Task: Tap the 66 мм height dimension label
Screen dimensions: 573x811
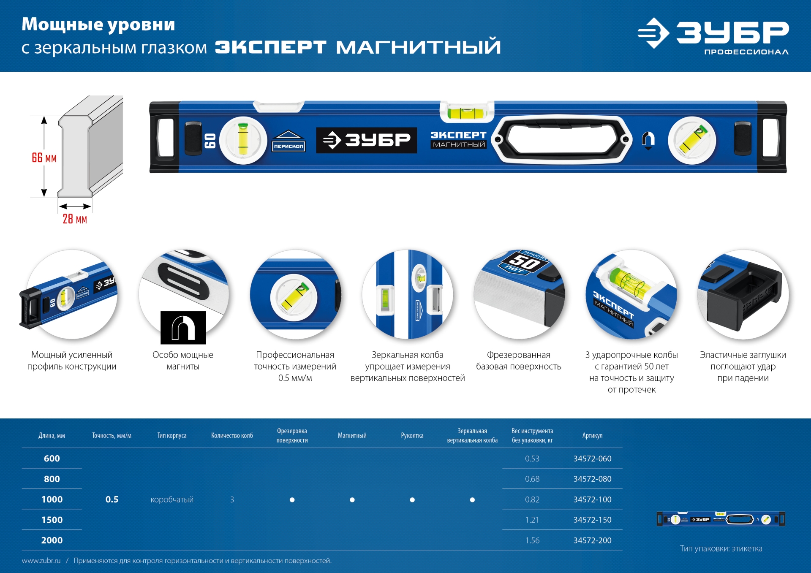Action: pos(44,158)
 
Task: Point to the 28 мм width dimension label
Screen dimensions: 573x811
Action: pos(75,219)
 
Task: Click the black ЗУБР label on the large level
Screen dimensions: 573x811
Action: pos(366,140)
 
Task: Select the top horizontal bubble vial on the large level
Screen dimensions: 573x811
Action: pos(467,113)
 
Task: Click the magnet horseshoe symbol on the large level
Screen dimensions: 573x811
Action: pos(648,140)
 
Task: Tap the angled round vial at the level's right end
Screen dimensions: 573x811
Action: pos(691,140)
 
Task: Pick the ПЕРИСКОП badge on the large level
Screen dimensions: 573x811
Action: pos(288,141)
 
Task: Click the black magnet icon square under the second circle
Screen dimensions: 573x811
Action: pos(183,328)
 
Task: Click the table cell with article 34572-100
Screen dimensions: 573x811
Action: pos(592,500)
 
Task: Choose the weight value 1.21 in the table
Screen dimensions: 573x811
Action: pos(532,520)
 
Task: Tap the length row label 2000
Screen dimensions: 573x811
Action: pos(52,540)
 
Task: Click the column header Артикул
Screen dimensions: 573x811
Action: pos(592,436)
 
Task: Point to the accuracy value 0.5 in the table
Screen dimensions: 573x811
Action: pos(112,500)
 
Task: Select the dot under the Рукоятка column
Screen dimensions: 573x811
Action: pos(412,500)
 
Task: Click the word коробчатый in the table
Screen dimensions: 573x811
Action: pos(172,500)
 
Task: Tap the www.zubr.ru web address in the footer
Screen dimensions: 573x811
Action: pos(41,561)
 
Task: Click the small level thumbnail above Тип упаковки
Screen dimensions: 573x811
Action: pos(721,519)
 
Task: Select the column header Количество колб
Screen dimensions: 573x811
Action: pos(232,436)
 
